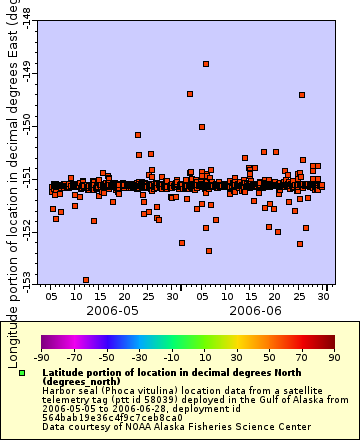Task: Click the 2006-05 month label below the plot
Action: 113,311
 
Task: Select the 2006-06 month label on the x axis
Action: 257,311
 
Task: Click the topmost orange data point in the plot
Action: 206,64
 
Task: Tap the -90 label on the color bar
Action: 42,356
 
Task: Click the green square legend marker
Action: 22,372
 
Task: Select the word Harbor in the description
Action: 59,390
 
